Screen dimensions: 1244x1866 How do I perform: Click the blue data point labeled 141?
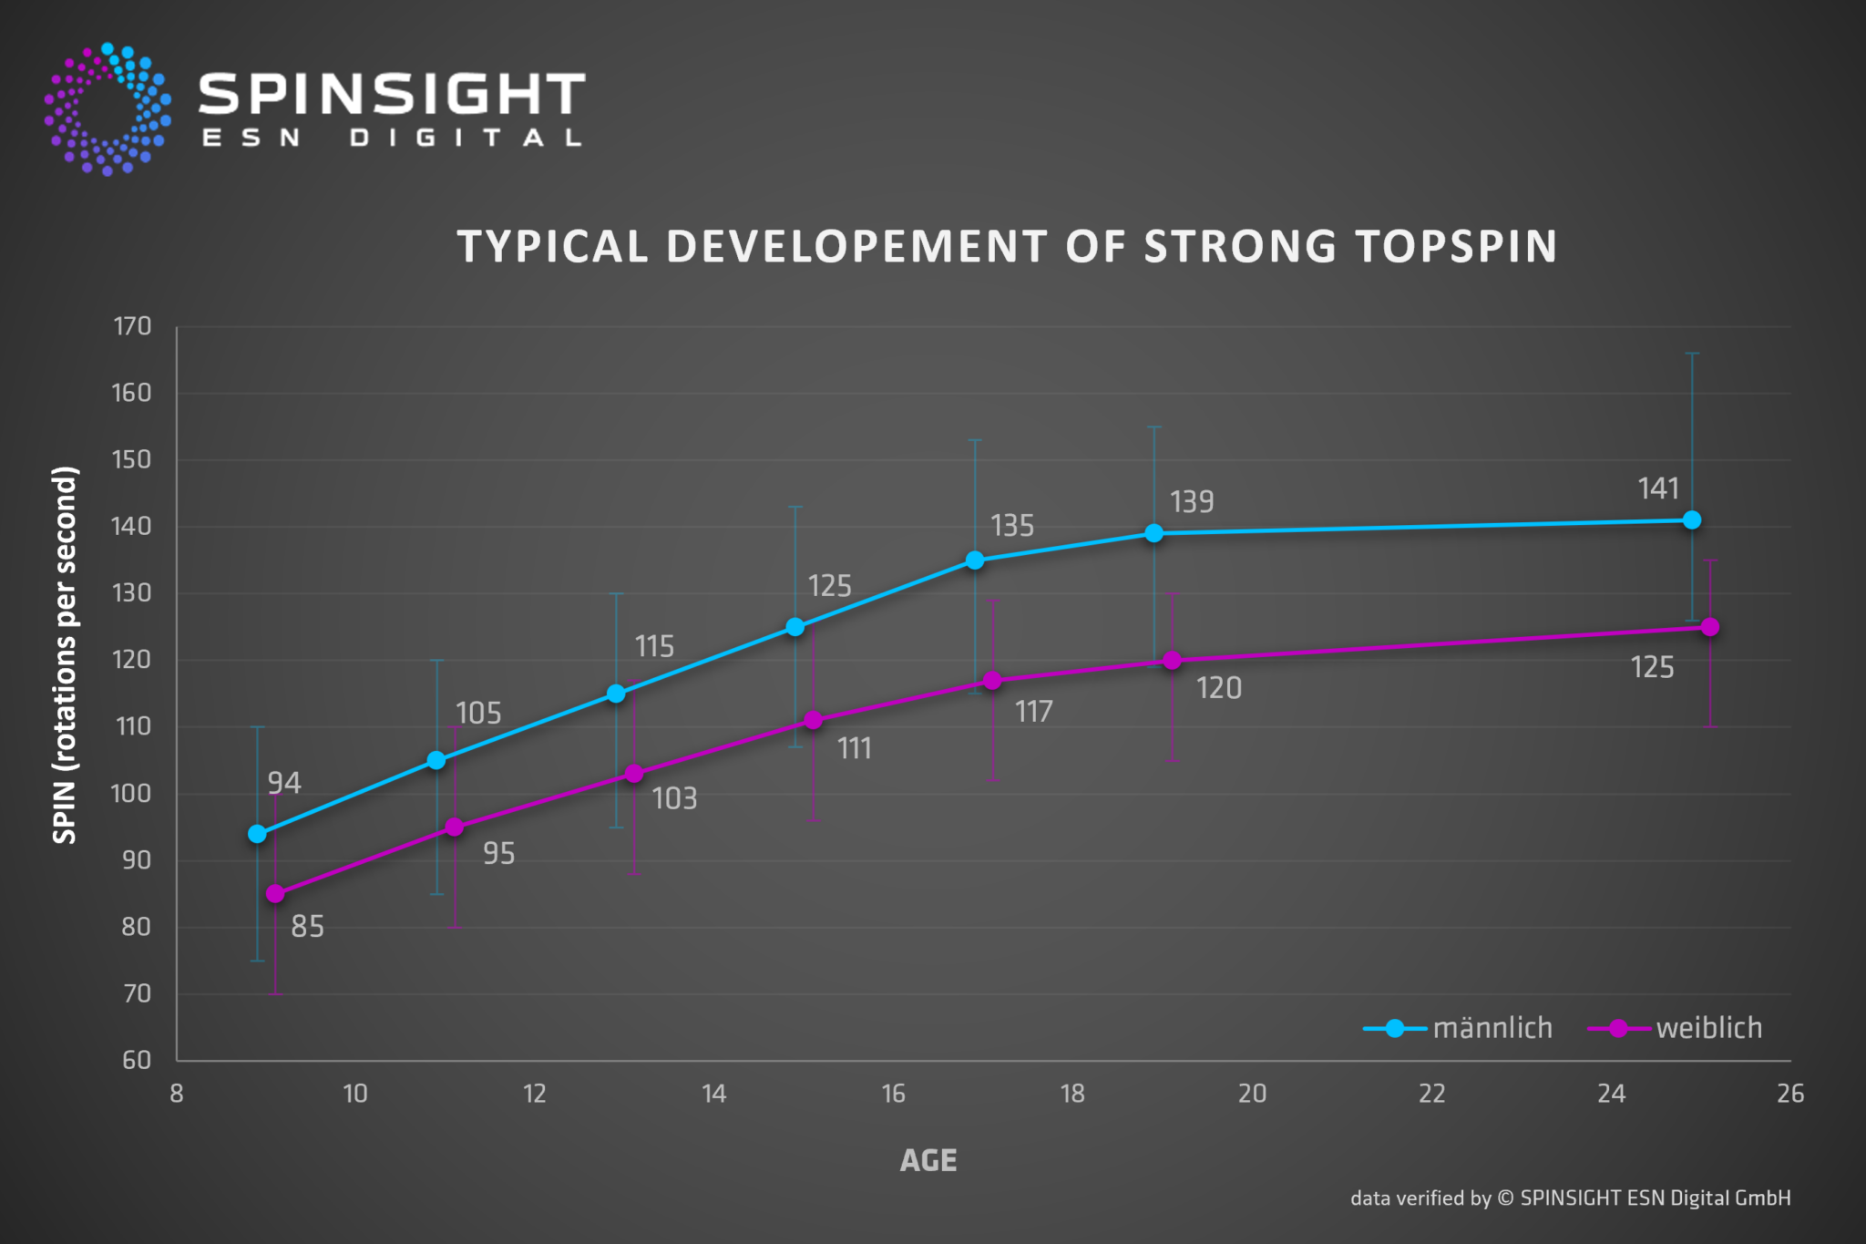pos(1692,520)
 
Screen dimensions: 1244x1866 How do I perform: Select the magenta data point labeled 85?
pos(275,894)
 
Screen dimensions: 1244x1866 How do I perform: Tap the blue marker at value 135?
pos(975,560)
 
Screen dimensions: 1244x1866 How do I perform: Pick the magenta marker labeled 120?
pos(1173,660)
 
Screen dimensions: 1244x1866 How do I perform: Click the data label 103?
pos(674,799)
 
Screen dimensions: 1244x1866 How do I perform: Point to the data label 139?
pos(1192,502)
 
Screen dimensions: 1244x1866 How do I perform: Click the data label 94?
pos(284,783)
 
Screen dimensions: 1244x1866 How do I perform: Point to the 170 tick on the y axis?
pos(132,326)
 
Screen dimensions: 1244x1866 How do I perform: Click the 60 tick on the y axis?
pos(137,1060)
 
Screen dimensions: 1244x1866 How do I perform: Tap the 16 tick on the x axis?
pos(894,1094)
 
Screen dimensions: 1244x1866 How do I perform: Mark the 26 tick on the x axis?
pos(1790,1094)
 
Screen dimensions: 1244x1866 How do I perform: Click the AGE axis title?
pos(928,1160)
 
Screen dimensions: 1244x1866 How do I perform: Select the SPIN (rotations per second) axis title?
pos(65,654)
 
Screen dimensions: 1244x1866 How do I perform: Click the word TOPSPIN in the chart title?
pos(1455,247)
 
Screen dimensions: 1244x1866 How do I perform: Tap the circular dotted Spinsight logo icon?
pos(108,109)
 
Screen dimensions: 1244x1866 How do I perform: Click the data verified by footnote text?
pos(1570,1198)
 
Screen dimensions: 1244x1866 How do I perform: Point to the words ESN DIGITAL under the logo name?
pos(392,139)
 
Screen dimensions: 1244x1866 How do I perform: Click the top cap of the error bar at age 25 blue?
pos(1692,354)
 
